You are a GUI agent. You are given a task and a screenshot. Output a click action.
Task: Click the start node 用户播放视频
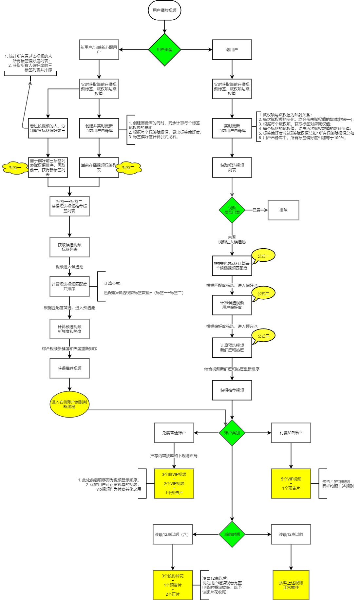[164, 10]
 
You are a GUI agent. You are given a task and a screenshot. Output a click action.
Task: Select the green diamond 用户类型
[164, 50]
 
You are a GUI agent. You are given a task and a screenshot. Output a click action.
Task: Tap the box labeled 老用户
[232, 50]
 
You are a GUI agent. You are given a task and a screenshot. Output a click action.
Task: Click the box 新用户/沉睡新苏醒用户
[99, 50]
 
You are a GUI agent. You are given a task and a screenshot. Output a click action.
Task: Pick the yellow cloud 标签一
[15, 168]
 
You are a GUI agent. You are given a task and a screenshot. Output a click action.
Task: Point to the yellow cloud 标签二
[128, 168]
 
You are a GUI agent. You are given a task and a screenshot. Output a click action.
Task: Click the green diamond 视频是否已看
[232, 210]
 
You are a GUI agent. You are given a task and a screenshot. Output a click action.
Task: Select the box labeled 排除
[283, 210]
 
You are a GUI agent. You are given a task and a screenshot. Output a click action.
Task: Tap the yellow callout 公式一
[263, 256]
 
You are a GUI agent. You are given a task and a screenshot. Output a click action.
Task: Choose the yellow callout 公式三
[263, 336]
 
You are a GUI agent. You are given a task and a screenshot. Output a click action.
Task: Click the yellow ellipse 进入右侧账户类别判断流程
[69, 404]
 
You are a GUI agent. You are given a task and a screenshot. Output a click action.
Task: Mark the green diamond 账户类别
[232, 433]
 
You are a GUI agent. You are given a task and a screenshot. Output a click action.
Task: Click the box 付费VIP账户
[291, 433]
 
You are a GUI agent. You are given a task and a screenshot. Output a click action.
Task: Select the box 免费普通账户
[174, 433]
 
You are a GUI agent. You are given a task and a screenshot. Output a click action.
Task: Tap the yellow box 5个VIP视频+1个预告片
[291, 483]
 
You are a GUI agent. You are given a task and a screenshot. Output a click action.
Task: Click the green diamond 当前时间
[232, 534]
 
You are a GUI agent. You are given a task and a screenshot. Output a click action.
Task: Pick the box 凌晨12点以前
[291, 534]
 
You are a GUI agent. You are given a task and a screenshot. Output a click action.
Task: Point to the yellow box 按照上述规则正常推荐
[291, 585]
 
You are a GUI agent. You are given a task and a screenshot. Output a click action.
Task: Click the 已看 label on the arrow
[256, 210]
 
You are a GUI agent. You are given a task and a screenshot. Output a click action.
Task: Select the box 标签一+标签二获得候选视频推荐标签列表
[69, 206]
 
